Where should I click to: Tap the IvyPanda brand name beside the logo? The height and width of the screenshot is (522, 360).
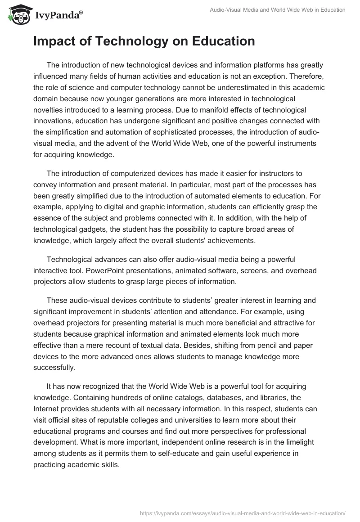click(x=58, y=16)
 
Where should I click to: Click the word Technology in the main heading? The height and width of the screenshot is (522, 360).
click(x=123, y=41)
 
